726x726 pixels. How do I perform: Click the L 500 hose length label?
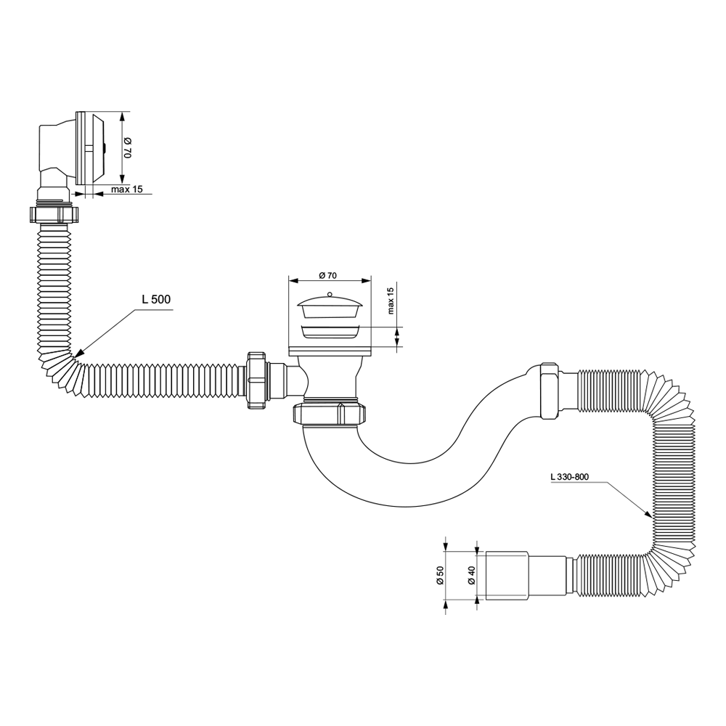coord(156,299)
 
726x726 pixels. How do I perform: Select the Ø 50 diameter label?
coord(440,576)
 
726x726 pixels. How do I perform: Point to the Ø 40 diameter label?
coord(471,576)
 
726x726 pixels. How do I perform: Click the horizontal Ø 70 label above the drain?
coord(328,275)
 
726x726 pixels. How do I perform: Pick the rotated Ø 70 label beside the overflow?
coord(129,147)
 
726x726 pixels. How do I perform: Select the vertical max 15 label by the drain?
coord(390,301)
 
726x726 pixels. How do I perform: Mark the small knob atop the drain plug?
coord(330,293)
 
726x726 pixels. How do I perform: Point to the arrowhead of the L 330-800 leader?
coord(648,513)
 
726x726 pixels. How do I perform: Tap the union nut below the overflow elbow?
coord(54,214)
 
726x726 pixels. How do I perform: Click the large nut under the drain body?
coord(330,413)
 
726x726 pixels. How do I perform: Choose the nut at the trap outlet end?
coord(550,391)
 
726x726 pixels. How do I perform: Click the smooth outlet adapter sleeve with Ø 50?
coord(507,576)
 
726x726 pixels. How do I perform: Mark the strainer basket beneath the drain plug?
coord(329,332)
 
